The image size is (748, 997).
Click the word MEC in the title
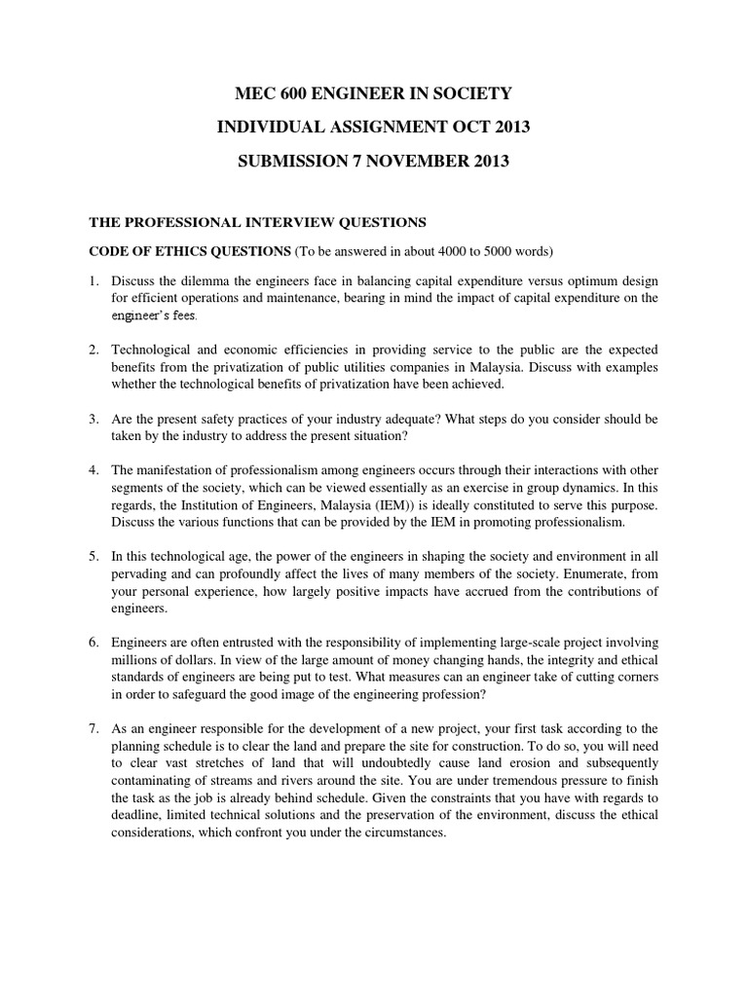(256, 93)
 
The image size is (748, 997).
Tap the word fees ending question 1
(186, 315)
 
